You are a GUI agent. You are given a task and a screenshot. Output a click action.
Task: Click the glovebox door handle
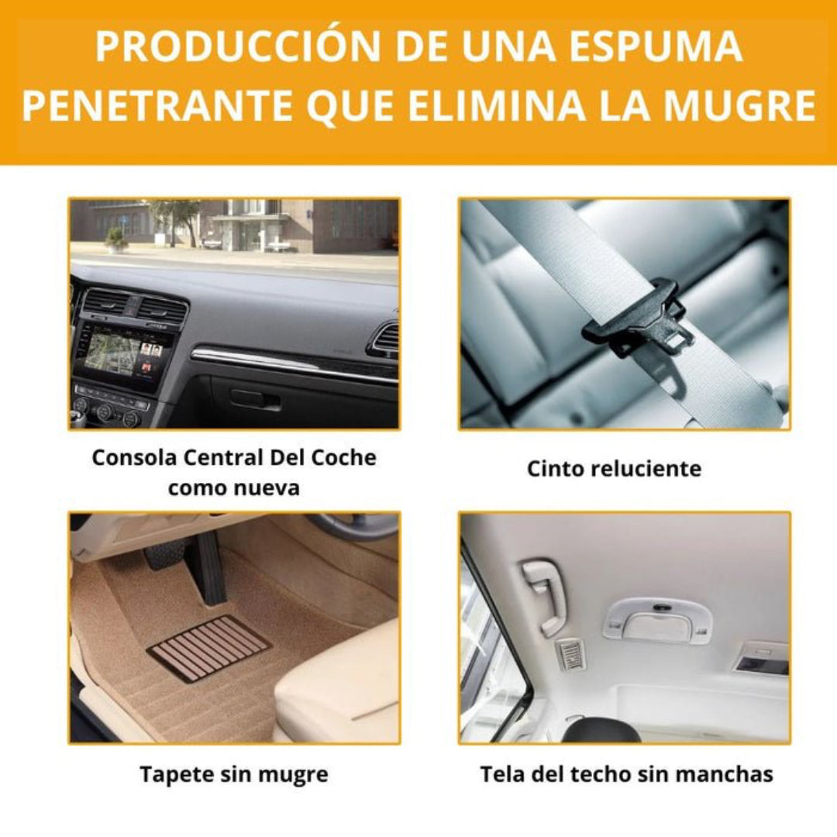click(255, 399)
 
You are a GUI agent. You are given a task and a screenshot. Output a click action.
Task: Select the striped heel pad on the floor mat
click(208, 647)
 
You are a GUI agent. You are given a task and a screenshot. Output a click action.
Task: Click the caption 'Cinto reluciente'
click(614, 469)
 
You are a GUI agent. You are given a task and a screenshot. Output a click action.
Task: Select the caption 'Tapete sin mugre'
click(234, 774)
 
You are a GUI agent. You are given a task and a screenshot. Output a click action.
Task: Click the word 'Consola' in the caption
click(134, 457)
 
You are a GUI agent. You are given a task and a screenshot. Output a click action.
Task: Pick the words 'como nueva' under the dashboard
click(233, 488)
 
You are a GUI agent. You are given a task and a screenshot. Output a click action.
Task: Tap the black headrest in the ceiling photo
click(601, 730)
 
